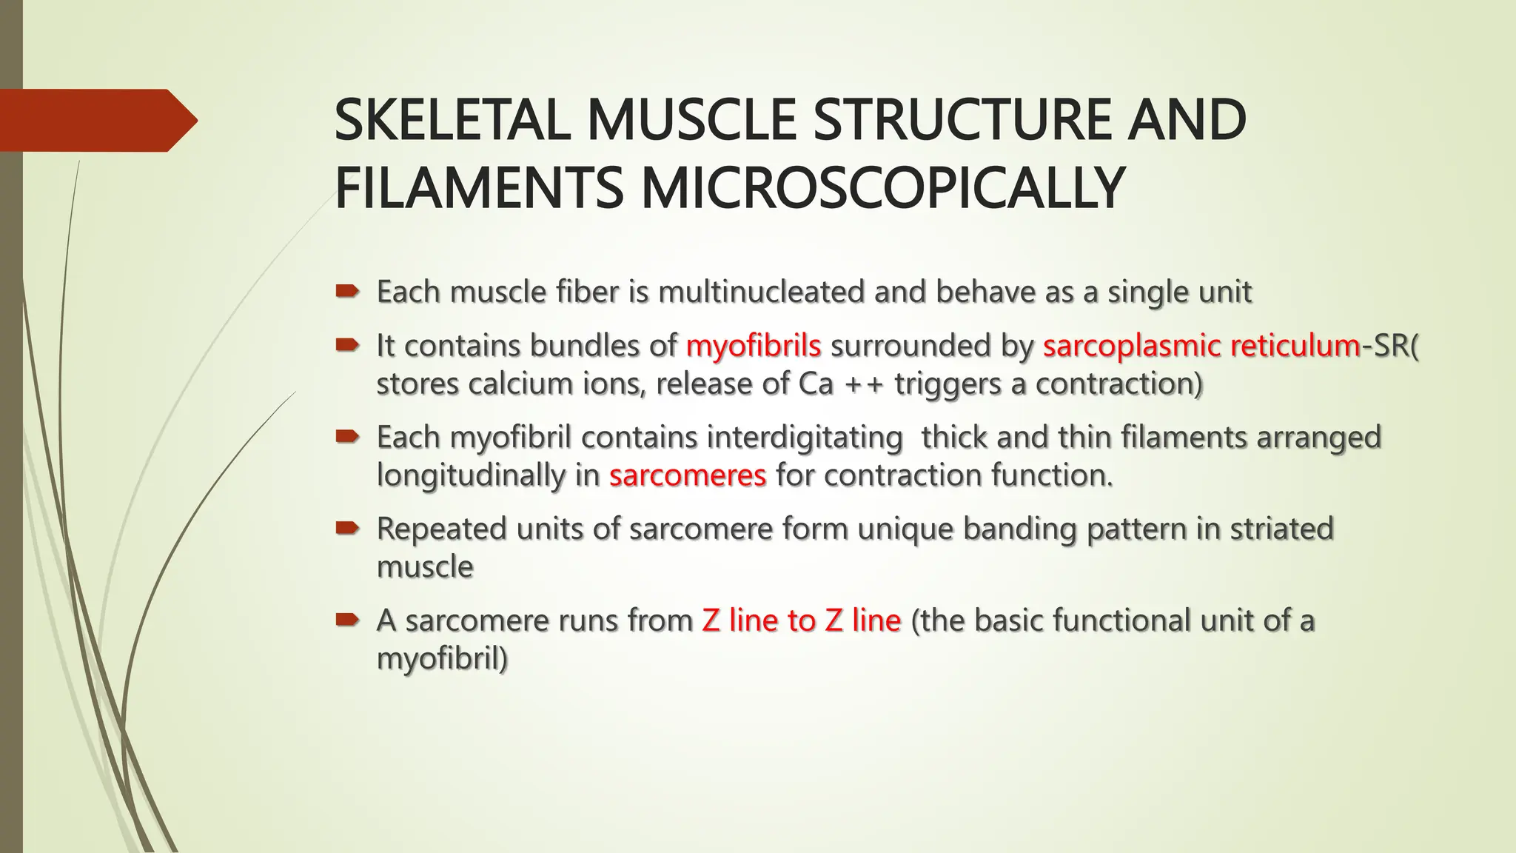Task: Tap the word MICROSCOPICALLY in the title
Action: click(882, 188)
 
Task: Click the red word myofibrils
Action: click(753, 346)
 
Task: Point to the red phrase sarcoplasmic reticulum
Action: click(1201, 346)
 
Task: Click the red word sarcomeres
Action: click(687, 475)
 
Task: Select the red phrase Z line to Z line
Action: click(801, 620)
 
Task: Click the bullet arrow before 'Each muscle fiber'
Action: click(346, 292)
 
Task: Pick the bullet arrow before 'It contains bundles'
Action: click(346, 345)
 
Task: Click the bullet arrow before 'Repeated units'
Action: click(346, 529)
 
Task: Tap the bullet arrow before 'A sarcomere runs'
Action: click(346, 620)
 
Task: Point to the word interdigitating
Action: click(804, 437)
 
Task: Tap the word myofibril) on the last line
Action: click(442, 658)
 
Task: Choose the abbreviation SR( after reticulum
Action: click(1396, 346)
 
